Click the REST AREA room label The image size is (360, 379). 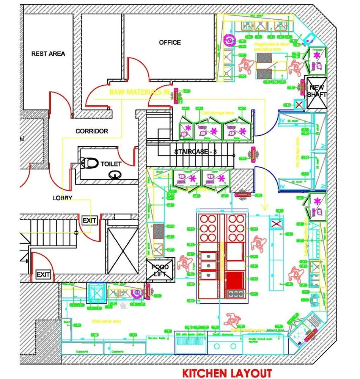pos(48,54)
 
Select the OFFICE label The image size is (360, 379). pos(170,42)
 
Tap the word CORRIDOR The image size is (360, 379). pos(91,131)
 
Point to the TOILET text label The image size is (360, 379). pos(111,164)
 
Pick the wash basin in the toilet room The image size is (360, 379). pos(114,175)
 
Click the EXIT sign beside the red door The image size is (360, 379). pos(90,220)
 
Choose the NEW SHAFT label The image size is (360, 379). pos(316,91)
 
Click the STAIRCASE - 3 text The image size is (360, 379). pos(195,152)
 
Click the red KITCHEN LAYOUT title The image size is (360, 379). pos(227,373)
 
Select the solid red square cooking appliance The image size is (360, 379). pos(236,281)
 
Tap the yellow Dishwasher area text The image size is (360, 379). pos(107,321)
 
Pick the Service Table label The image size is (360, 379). pos(157,338)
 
